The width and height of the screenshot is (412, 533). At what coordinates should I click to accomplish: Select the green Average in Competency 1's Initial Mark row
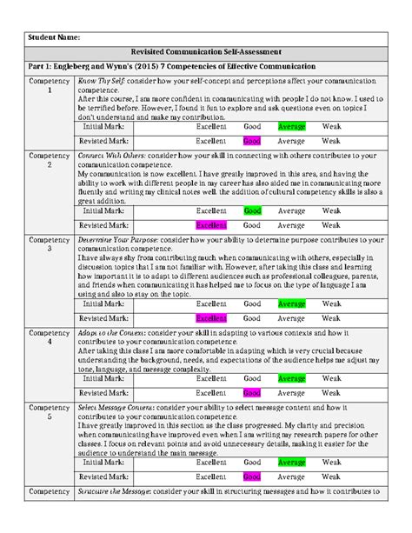click(291, 127)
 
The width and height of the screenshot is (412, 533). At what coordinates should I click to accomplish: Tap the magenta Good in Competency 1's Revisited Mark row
click(252, 140)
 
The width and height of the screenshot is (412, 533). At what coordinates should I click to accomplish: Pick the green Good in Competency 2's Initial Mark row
click(252, 210)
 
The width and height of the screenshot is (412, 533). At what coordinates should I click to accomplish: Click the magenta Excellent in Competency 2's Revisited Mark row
click(211, 224)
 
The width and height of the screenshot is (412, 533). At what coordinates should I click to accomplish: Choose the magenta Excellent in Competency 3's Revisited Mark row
click(211, 318)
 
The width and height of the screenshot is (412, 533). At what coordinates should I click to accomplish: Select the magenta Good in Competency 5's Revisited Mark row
click(252, 476)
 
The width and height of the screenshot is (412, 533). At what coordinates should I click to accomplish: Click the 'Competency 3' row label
click(50, 244)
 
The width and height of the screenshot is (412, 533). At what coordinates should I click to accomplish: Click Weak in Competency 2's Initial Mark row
click(331, 210)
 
